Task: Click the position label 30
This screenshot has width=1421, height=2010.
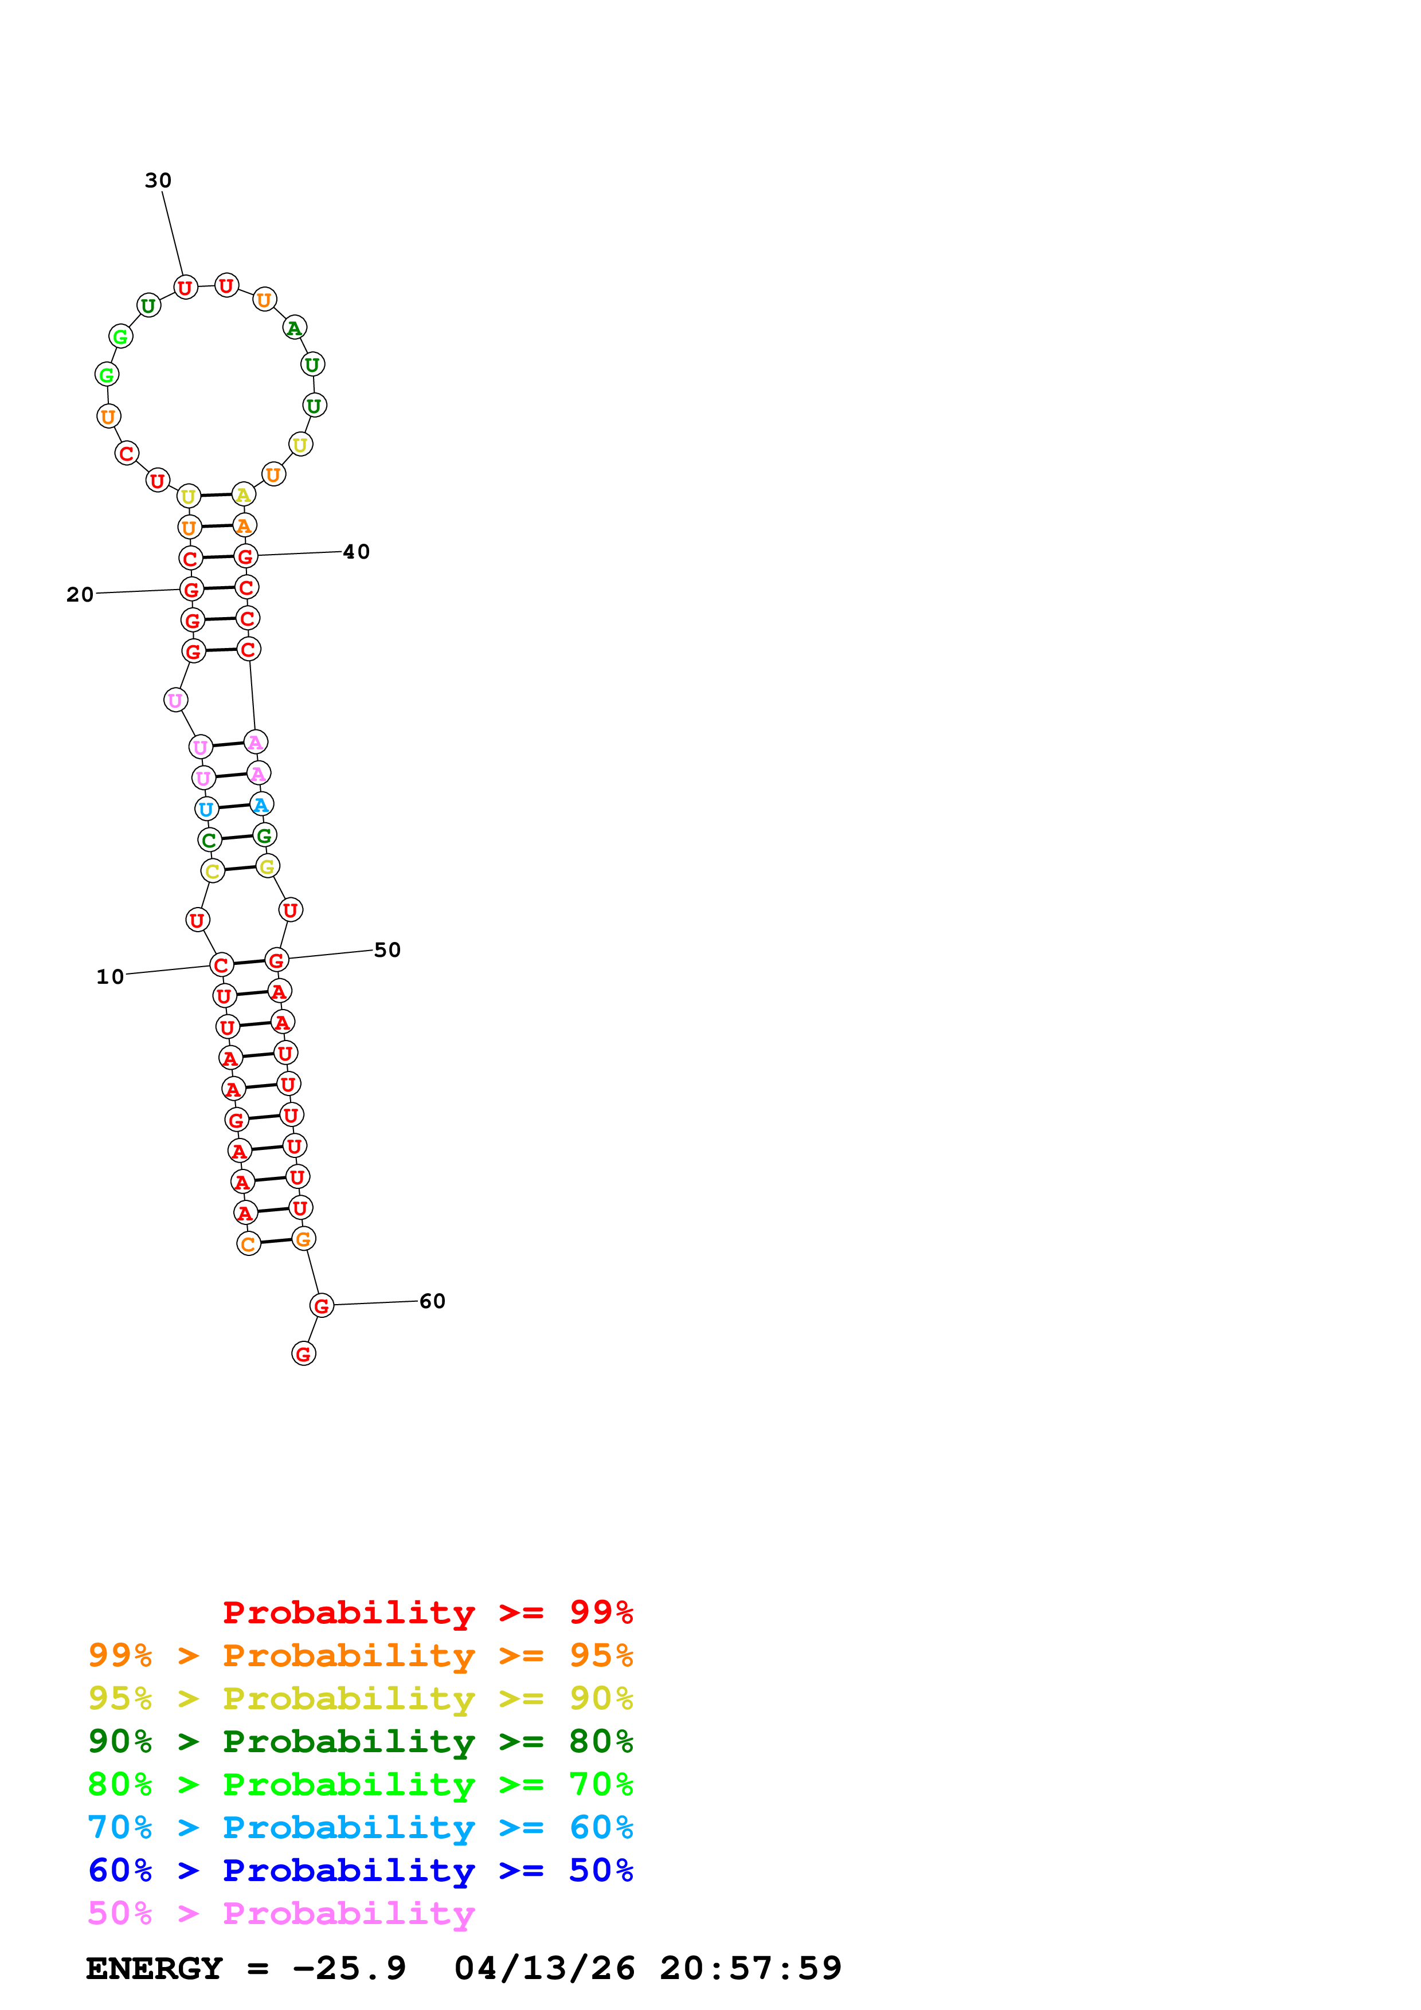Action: coord(158,180)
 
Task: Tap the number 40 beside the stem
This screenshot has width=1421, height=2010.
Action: coord(357,552)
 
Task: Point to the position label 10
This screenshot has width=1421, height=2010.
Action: coord(109,976)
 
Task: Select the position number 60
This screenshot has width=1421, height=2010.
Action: coord(433,1301)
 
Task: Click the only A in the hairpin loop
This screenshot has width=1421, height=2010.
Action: coord(294,328)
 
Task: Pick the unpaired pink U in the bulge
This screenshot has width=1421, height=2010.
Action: coord(175,700)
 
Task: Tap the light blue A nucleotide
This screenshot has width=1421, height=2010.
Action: coord(261,804)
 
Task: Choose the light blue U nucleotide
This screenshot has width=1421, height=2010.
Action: coord(206,810)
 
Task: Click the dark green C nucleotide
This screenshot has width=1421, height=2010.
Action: coord(209,841)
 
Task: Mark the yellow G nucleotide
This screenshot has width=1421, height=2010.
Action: coord(267,867)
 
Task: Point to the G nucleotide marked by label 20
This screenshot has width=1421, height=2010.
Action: coord(191,590)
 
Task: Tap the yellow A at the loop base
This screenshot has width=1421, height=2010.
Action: coord(244,496)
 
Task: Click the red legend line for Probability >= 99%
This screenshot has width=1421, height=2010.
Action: coord(427,1612)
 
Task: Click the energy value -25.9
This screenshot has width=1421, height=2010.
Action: coord(349,1969)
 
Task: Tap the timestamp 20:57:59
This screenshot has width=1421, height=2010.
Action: coord(750,1969)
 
